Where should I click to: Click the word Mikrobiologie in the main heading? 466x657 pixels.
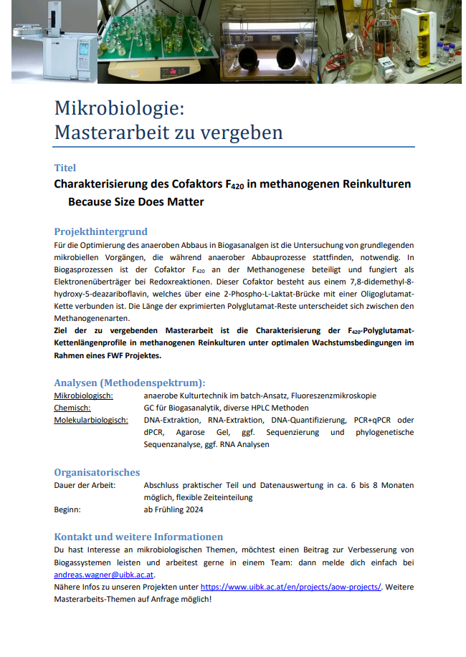119,109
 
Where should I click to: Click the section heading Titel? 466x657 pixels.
65,168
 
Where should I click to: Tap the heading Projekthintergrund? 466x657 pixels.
100,231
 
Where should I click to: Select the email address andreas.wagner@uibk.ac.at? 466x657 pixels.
104,575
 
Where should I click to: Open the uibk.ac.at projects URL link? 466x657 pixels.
290,587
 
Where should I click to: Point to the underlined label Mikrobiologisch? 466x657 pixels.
88,395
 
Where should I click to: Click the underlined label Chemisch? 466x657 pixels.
72,408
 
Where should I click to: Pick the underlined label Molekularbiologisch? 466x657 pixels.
91,420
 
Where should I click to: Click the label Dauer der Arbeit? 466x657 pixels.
85,485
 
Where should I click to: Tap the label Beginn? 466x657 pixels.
67,509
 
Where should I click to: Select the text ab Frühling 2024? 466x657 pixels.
173,509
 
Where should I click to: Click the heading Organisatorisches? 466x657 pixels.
97,472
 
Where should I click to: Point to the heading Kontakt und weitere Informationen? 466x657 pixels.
138,537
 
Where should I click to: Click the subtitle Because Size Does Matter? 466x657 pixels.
135,202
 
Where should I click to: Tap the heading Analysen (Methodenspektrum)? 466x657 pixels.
130,382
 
